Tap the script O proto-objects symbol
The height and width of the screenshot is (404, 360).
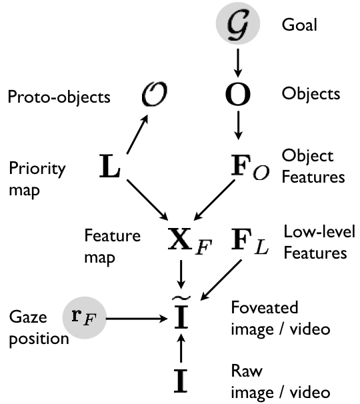click(x=153, y=96)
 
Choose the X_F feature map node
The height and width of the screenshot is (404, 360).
click(x=185, y=239)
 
